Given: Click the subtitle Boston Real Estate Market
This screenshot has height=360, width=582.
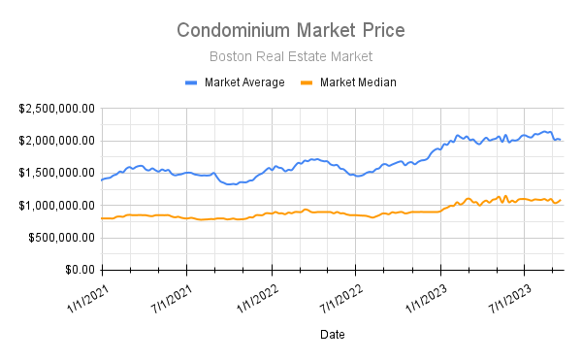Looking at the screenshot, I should pyautogui.click(x=291, y=56).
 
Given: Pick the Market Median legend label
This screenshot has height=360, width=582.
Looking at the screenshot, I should pyautogui.click(x=358, y=82).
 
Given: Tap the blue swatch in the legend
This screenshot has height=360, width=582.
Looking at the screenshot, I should pyautogui.click(x=192, y=82).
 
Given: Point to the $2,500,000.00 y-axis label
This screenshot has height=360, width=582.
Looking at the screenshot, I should pyautogui.click(x=56, y=109).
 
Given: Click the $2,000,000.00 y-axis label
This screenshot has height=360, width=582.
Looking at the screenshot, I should pyautogui.click(x=56, y=141).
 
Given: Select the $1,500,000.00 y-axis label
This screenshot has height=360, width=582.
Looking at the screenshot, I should pyautogui.click(x=56, y=173).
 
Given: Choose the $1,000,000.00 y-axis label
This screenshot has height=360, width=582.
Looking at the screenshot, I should pyautogui.click(x=56, y=206).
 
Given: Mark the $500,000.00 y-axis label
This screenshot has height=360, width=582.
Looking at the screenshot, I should pyautogui.click(x=62, y=238).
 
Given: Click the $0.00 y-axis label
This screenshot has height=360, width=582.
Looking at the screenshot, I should pyautogui.click(x=77, y=270).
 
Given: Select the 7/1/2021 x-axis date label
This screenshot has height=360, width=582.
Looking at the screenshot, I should pyautogui.click(x=169, y=293).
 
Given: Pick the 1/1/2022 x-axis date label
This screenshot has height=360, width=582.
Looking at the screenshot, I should pyautogui.click(x=253, y=293).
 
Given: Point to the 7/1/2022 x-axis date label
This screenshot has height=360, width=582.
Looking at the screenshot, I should pyautogui.click(x=339, y=293).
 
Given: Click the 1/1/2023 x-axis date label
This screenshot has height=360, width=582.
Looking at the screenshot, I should pyautogui.click(x=423, y=293).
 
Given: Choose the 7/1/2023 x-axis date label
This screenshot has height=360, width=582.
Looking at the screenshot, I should pyautogui.click(x=507, y=293).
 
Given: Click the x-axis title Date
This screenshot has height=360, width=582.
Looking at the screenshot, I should pyautogui.click(x=332, y=334).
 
